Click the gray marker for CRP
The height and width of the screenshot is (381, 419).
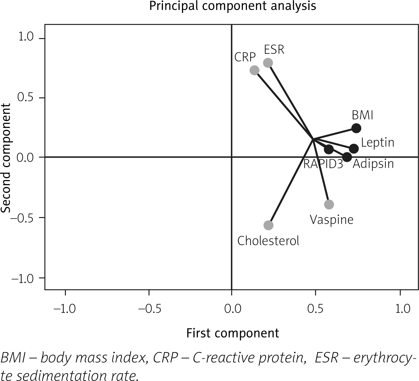click(254, 70)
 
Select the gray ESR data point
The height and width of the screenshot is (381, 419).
click(268, 63)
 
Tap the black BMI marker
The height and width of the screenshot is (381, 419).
click(356, 128)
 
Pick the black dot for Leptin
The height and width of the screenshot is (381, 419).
click(354, 149)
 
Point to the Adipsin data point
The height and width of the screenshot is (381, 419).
click(347, 157)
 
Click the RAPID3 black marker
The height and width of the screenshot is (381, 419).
click(329, 149)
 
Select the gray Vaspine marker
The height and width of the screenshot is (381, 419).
click(329, 204)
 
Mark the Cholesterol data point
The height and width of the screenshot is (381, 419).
click(268, 225)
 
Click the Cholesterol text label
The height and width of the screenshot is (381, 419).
click(268, 241)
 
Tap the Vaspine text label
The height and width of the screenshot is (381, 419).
click(331, 220)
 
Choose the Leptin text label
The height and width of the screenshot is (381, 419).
click(377, 143)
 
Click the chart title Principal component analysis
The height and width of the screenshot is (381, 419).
click(232, 6)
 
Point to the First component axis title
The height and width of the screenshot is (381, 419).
click(233, 333)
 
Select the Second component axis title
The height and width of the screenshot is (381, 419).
click(6, 158)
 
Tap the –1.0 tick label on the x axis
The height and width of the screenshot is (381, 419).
click(65, 309)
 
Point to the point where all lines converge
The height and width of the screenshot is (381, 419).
click(313, 139)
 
